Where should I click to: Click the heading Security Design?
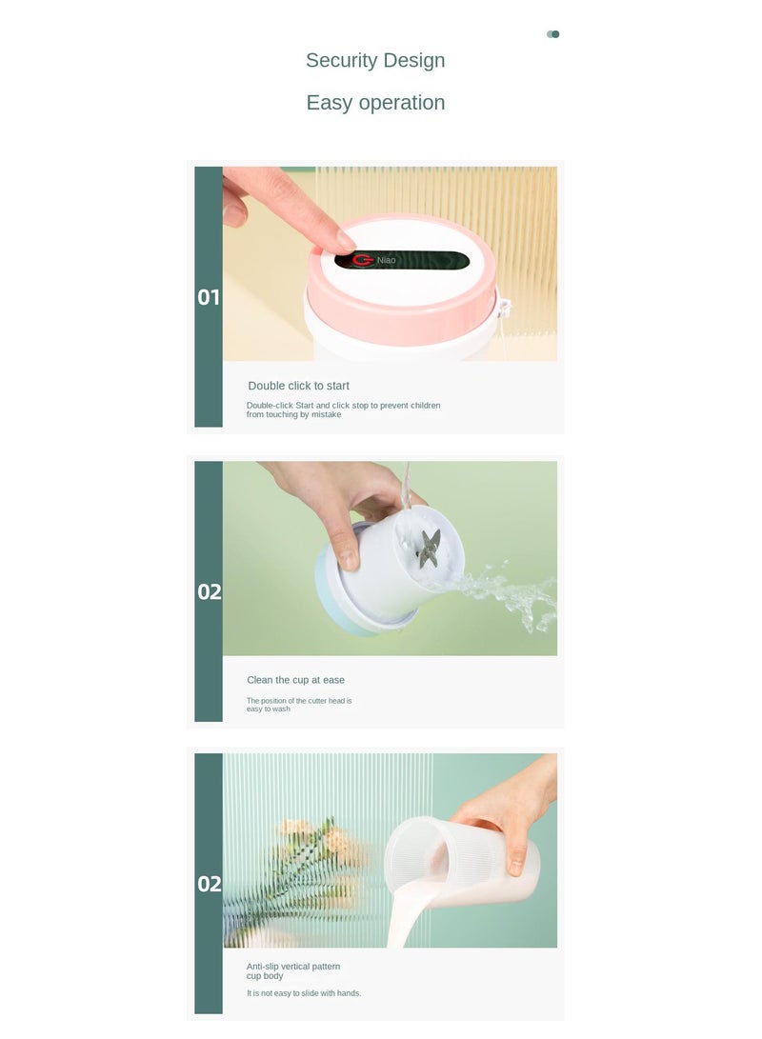[x=375, y=60]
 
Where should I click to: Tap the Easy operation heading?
[x=375, y=103]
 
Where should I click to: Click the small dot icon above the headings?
[x=552, y=34]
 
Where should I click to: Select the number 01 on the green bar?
[x=208, y=297]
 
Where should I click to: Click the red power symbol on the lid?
[x=363, y=260]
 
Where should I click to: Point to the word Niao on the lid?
[x=387, y=260]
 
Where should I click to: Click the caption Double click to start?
[x=298, y=386]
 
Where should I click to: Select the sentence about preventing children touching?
[x=343, y=410]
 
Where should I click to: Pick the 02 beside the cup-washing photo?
[x=210, y=591]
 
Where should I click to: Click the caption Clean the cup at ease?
[x=295, y=680]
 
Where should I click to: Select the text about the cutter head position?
[x=299, y=705]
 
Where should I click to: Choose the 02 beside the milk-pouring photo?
[x=210, y=884]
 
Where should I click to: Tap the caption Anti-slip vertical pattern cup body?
[x=292, y=970]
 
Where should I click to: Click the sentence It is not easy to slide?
[x=304, y=993]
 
